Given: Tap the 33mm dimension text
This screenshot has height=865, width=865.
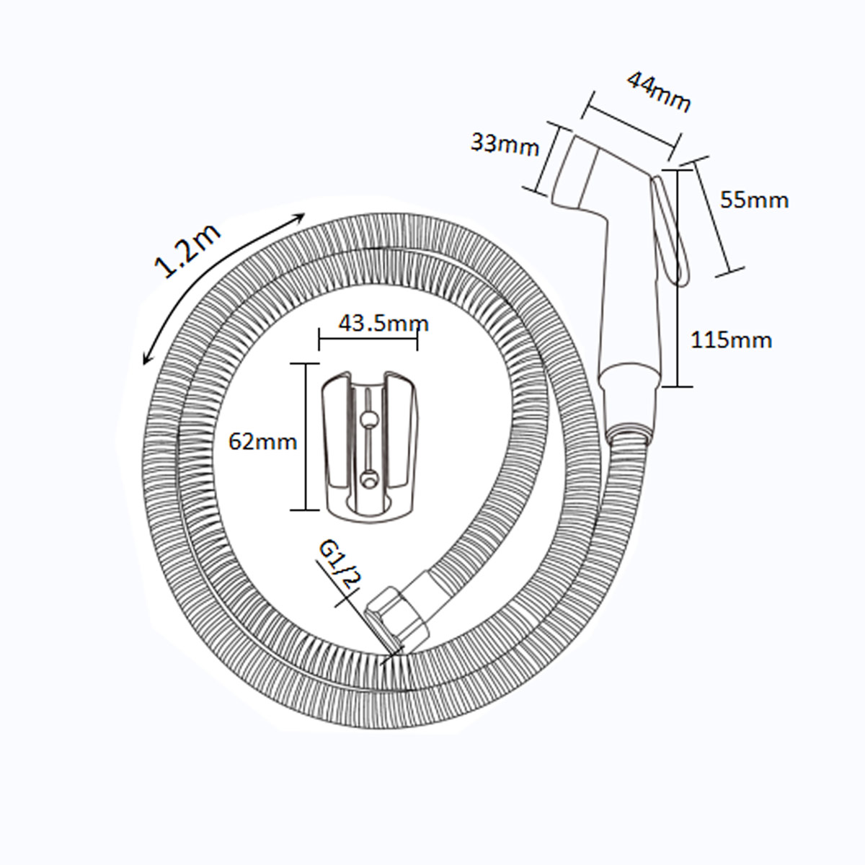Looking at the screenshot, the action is (x=505, y=145).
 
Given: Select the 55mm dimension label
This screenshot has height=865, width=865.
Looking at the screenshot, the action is (x=754, y=200).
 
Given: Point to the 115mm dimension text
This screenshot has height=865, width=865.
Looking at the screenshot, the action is (x=731, y=340).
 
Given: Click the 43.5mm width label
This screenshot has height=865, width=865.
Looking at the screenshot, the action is (x=383, y=323).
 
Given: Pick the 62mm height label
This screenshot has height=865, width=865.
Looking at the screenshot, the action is (x=263, y=442).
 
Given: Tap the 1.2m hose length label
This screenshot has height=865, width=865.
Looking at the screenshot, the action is (x=187, y=249).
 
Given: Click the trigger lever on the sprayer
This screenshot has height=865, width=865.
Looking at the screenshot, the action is (x=670, y=229).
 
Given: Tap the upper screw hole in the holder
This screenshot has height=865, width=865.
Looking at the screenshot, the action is (x=370, y=420).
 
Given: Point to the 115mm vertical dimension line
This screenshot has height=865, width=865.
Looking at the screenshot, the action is (x=678, y=278).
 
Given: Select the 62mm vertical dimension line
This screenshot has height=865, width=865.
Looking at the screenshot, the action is (x=306, y=436).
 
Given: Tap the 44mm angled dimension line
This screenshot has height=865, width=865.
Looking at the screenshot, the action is (x=631, y=126).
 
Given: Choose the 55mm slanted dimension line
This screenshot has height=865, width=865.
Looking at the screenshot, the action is (x=712, y=216).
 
